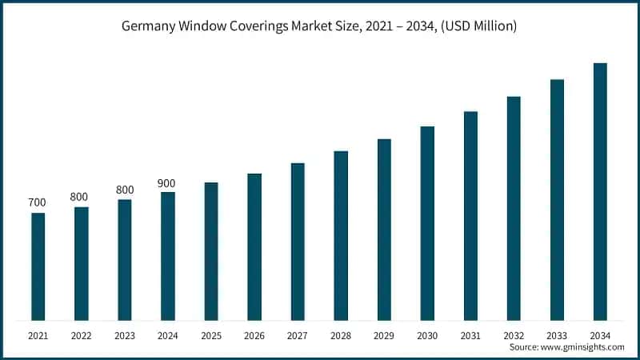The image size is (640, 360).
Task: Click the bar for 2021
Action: [38, 266]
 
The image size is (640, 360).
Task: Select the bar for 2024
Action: [167, 256]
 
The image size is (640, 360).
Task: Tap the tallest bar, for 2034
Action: [599, 192]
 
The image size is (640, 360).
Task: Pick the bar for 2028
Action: [341, 236]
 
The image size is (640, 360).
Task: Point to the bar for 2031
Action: [470, 216]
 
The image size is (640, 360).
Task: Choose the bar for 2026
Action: [254, 247]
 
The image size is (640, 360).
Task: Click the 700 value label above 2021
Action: [38, 203]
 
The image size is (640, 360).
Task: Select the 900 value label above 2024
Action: [166, 183]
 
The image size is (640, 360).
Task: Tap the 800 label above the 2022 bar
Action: [79, 197]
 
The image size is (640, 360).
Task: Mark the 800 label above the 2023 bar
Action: [124, 190]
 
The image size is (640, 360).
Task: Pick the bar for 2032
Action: [514, 209]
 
